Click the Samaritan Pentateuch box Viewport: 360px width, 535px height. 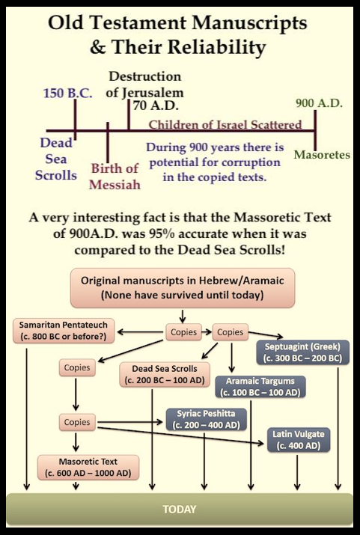click(64, 331)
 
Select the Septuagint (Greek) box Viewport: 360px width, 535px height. click(302, 352)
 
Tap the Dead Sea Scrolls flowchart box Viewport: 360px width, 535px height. click(165, 375)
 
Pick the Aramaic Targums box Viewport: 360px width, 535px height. click(260, 387)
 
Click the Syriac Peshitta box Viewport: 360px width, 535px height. click(206, 419)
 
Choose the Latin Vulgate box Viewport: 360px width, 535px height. click(299, 440)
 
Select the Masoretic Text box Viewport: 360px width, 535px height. click(88, 468)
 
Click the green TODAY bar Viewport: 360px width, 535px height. click(180, 509)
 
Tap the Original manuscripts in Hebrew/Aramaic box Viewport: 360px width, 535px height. click(183, 288)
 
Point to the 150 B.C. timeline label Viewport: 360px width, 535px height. click(67, 93)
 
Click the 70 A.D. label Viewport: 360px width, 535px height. click(156, 106)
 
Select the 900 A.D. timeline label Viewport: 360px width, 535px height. click(319, 103)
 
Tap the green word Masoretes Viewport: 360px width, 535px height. click(322, 155)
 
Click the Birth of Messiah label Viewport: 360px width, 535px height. click(115, 177)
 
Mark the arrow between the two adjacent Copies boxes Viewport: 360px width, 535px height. click(207, 331)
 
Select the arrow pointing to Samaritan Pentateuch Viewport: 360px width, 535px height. click(140, 331)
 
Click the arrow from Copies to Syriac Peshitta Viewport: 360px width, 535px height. click(130, 423)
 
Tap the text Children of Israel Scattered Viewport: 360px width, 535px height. click(225, 125)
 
